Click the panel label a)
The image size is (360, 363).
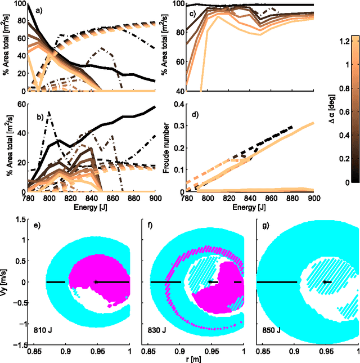[35, 11]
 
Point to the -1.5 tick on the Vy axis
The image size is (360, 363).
[20, 344]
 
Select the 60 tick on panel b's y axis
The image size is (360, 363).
[22, 104]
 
